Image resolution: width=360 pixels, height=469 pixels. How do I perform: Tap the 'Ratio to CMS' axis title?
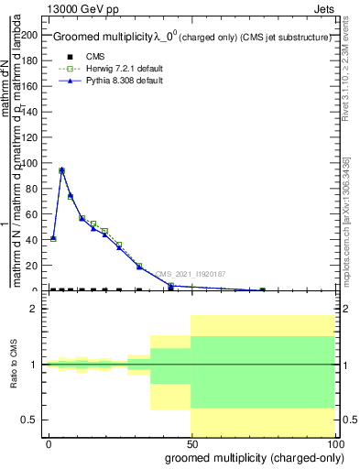click(x=14, y=365)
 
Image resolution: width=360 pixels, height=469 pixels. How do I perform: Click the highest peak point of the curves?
click(x=61, y=170)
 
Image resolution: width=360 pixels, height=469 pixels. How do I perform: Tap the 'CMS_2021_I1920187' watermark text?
click(x=190, y=273)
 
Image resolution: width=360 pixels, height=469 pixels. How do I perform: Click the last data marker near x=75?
click(x=262, y=289)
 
